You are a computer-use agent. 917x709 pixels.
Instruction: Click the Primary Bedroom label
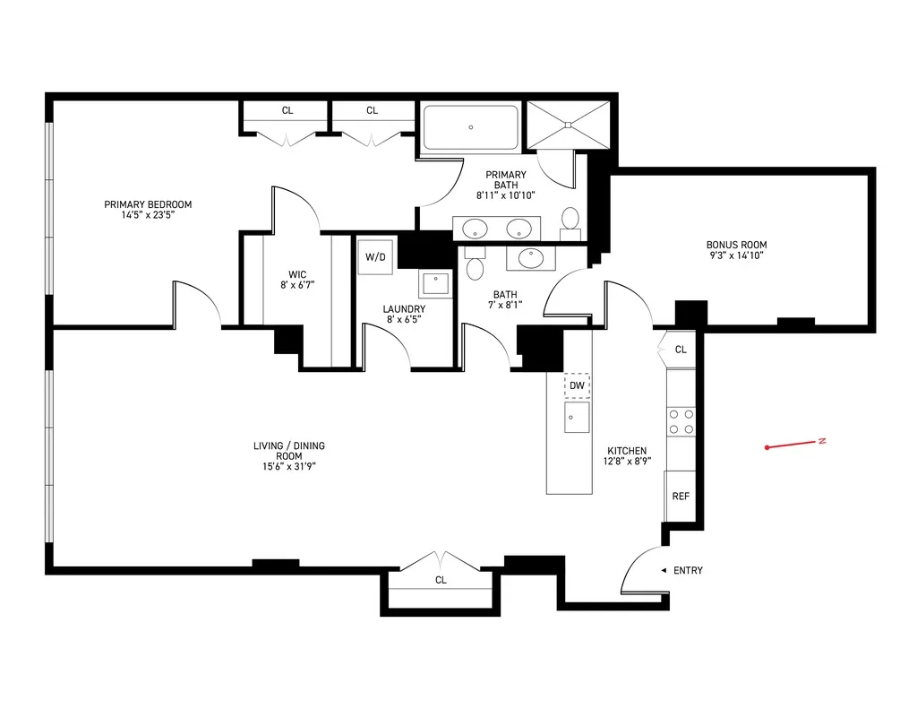(x=148, y=204)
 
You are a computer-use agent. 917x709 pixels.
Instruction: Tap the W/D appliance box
(x=375, y=257)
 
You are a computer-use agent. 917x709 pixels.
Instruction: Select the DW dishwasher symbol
(x=578, y=385)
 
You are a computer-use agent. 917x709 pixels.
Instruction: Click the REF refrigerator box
(x=681, y=496)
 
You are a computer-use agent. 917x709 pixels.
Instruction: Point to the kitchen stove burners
(x=681, y=421)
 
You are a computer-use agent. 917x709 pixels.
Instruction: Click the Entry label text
(x=688, y=570)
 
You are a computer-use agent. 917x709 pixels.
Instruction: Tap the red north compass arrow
(x=793, y=444)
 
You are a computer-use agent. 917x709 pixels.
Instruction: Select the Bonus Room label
(x=736, y=245)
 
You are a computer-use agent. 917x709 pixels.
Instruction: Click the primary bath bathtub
(x=470, y=128)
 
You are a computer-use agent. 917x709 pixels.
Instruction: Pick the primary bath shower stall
(x=568, y=123)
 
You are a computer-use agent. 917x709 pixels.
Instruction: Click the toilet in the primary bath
(x=570, y=220)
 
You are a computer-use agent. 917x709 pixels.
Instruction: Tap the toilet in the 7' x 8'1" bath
(x=475, y=265)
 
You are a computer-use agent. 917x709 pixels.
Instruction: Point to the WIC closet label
(x=297, y=274)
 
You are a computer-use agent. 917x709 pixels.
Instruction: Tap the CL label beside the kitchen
(x=681, y=350)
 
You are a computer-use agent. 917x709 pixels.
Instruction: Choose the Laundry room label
(x=404, y=309)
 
